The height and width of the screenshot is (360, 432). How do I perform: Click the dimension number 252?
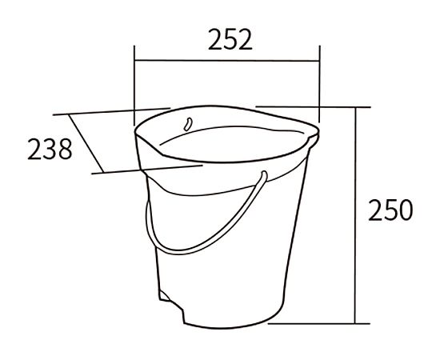pos(230,39)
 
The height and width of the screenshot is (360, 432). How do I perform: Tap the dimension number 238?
pos(50,149)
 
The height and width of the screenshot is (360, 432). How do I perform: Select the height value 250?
pos(390,210)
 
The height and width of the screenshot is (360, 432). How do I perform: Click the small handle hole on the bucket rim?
pos(188,124)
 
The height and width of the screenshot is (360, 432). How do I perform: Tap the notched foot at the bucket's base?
pos(171,306)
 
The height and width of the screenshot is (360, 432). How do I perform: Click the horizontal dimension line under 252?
pos(226,60)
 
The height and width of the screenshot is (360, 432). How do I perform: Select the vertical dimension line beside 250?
pos(356,215)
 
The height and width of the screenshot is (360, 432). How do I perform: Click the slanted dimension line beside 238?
pos(86,143)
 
